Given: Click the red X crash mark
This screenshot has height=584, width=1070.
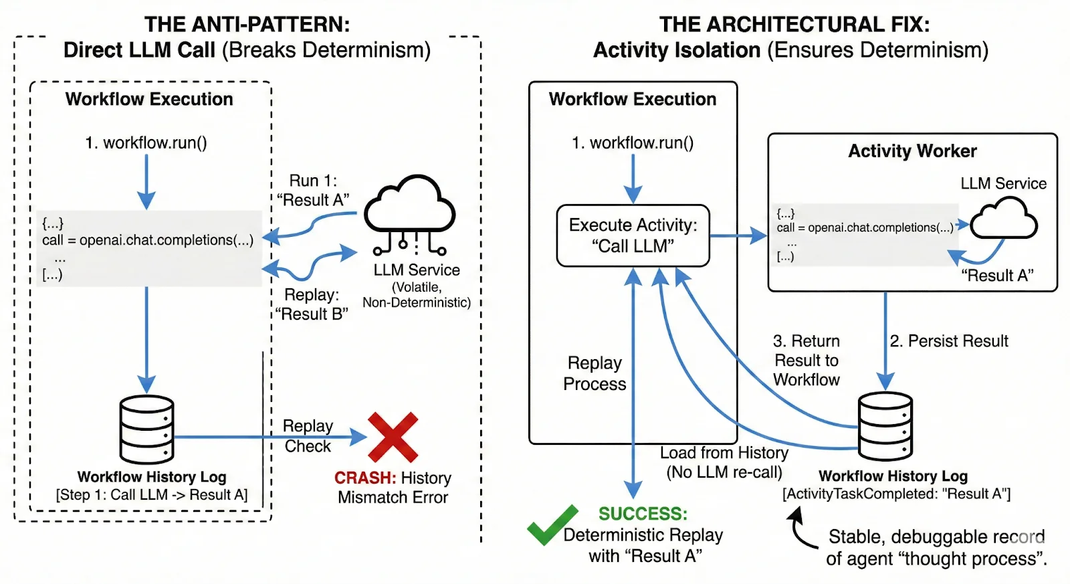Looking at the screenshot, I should (393, 437).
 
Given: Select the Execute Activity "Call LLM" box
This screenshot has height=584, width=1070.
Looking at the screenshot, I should (633, 235).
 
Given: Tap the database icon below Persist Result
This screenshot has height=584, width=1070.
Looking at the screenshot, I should (885, 424).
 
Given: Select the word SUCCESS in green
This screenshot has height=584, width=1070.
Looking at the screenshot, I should (642, 514).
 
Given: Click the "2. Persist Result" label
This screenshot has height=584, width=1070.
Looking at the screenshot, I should (949, 341).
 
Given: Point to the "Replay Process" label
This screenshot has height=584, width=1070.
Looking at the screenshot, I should (595, 373).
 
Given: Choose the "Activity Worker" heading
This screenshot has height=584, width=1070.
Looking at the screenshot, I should (912, 151).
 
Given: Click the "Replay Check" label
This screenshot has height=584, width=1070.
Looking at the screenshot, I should (308, 436).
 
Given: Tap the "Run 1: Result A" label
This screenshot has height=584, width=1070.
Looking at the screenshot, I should (313, 191).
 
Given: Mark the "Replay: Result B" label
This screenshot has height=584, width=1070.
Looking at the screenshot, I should (312, 304).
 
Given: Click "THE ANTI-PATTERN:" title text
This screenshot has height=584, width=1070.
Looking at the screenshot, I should (247, 25).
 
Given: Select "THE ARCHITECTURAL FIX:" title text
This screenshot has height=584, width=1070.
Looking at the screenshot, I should (794, 25).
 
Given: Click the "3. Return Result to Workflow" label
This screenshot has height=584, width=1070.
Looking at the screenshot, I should (806, 361).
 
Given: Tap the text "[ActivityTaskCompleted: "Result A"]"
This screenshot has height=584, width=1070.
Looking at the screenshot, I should (896, 494).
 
